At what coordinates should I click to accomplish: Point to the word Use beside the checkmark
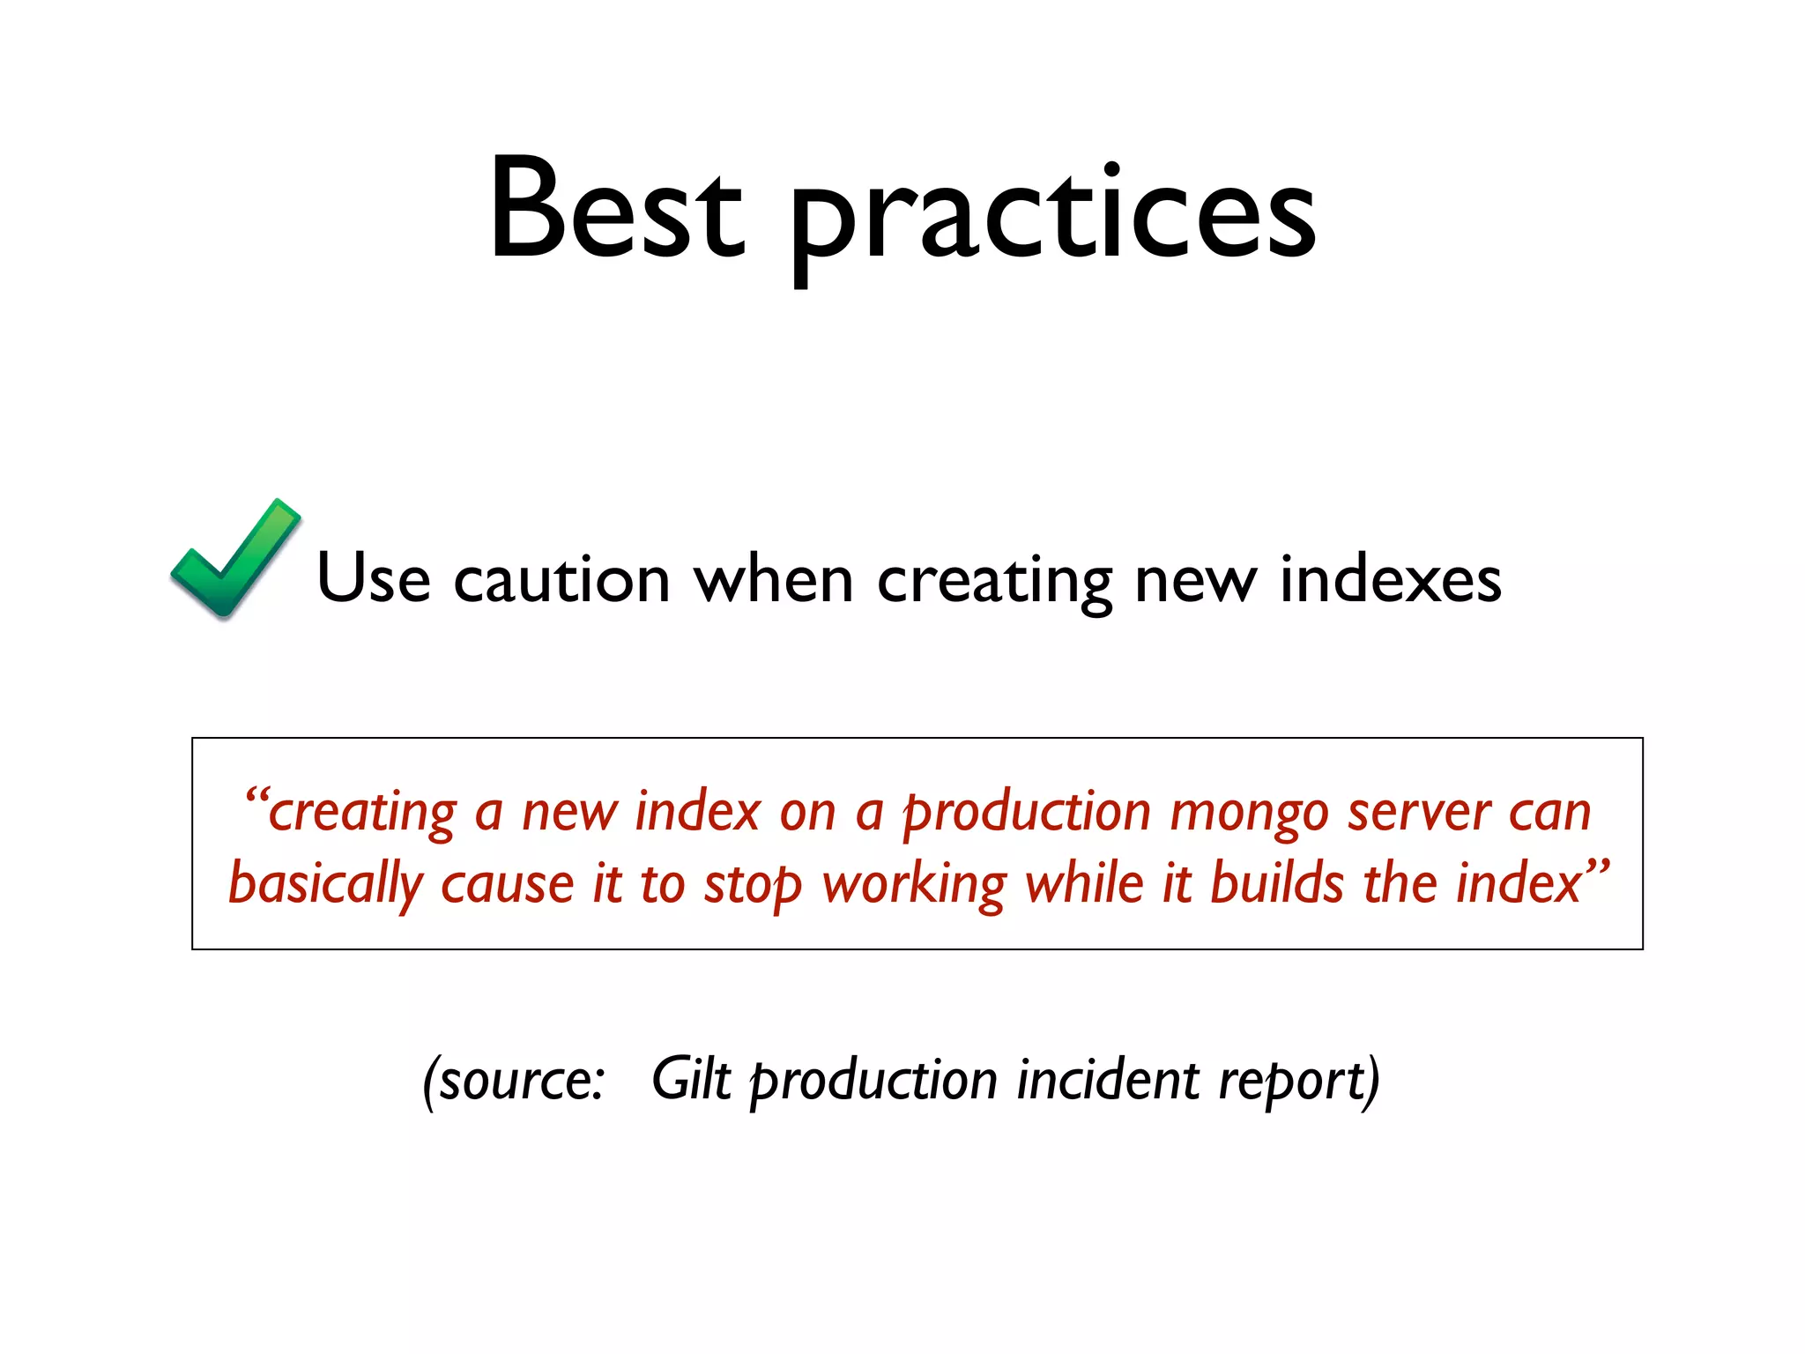(x=373, y=578)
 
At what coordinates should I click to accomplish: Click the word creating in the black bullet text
(x=993, y=582)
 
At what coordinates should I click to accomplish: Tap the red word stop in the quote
(x=752, y=885)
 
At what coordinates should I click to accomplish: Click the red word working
(x=913, y=885)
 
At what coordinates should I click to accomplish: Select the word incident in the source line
(x=1107, y=1079)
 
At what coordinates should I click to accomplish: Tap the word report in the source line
(x=1290, y=1081)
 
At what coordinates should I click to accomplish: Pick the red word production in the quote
(x=1027, y=813)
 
